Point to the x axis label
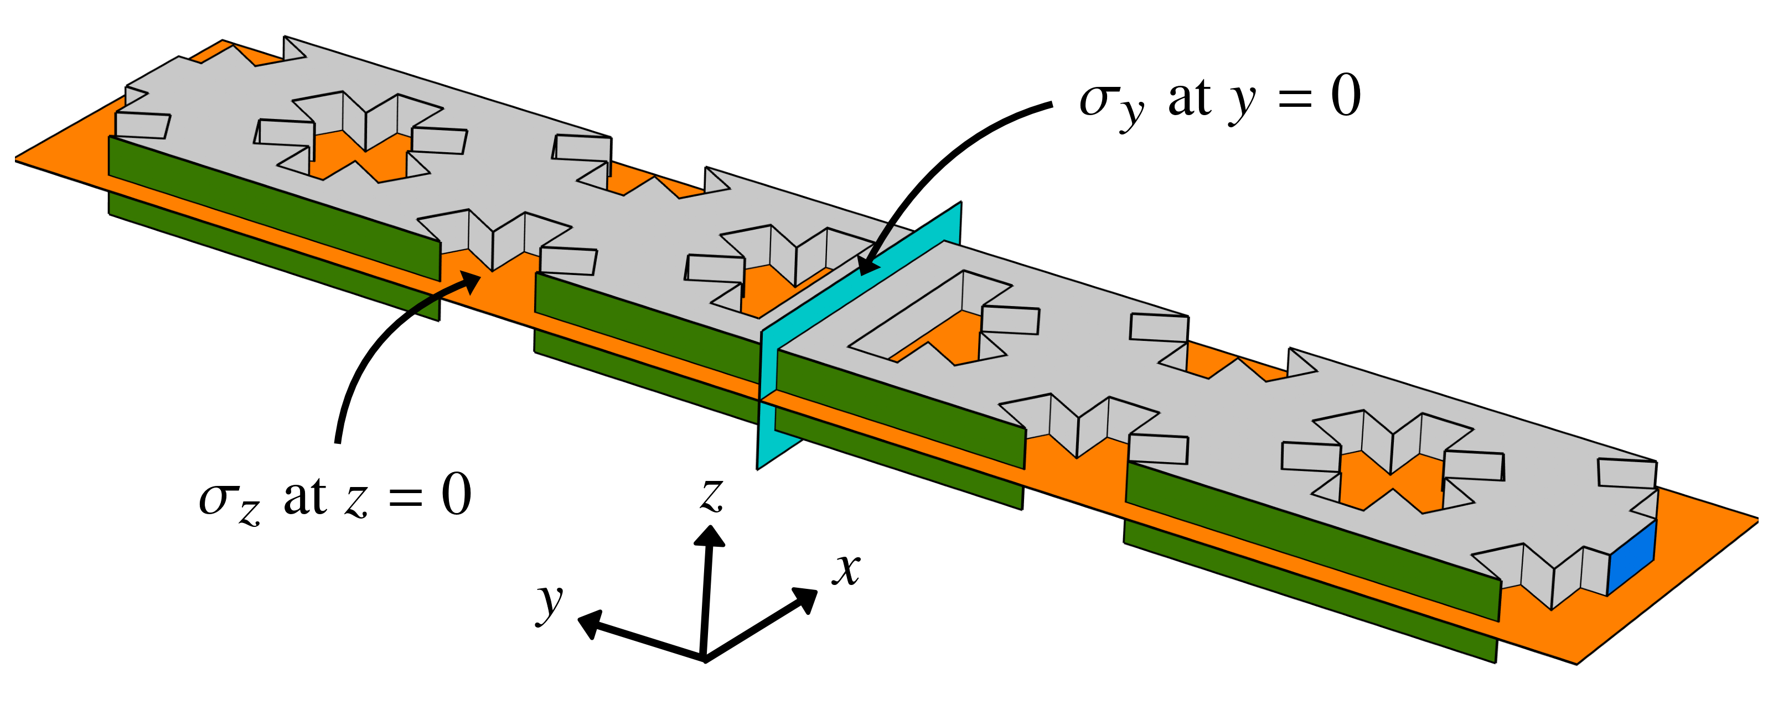click(x=846, y=569)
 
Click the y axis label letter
click(x=550, y=603)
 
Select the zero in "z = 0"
click(x=456, y=495)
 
